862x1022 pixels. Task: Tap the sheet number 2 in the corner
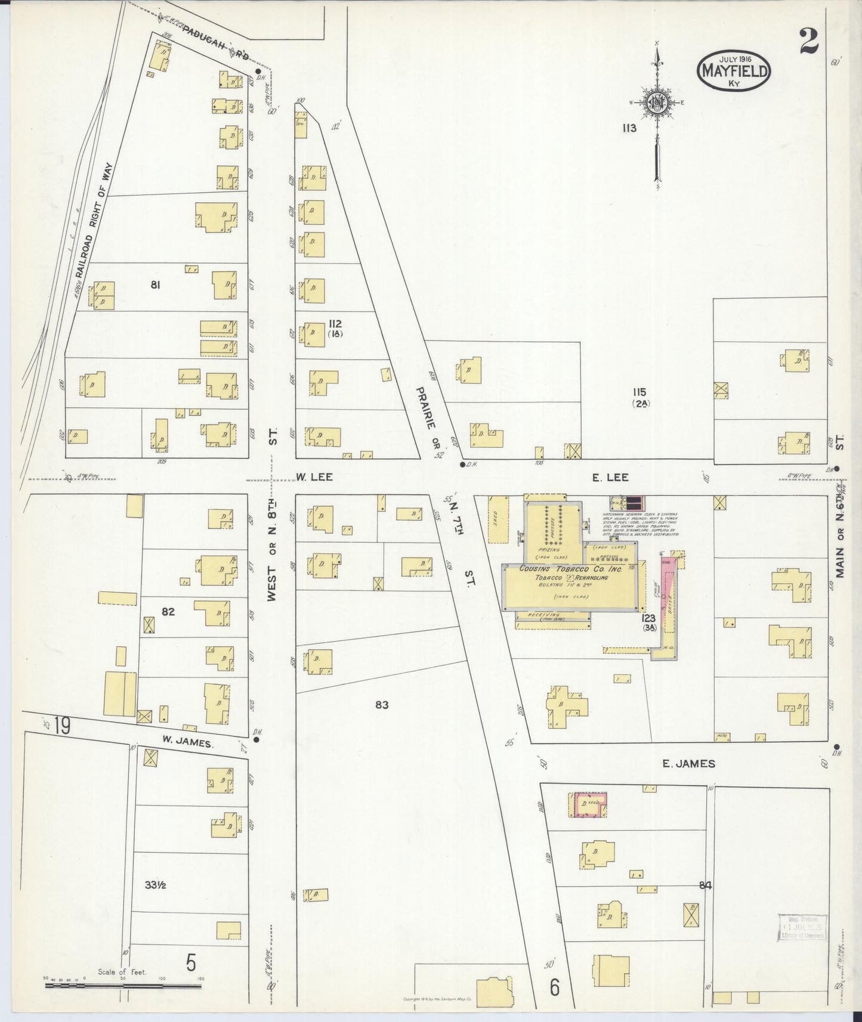(810, 42)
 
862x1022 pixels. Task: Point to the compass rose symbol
(657, 104)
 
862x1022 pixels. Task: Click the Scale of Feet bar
(123, 985)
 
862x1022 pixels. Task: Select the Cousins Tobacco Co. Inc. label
(571, 569)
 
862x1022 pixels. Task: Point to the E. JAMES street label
(688, 763)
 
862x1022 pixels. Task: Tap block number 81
(155, 285)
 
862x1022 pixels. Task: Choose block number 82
(168, 611)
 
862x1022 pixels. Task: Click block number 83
(382, 705)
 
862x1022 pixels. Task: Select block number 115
(640, 392)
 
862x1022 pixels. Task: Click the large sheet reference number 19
(61, 726)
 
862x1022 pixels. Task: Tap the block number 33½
(155, 885)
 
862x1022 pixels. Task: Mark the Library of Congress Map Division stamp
(802, 927)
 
